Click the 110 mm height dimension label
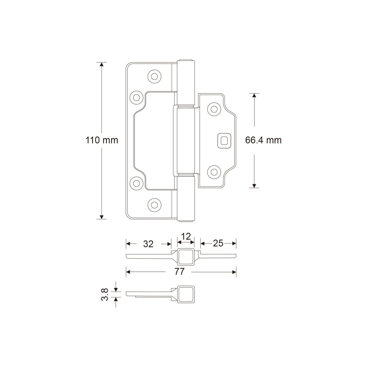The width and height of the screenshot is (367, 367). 102,140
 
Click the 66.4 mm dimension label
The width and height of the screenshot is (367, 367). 263,140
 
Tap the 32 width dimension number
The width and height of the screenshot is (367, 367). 148,244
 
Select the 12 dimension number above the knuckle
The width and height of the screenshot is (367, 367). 186,237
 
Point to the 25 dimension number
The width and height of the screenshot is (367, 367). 218,243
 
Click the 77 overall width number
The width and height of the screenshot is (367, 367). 179,272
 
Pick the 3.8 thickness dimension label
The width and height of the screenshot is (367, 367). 105,294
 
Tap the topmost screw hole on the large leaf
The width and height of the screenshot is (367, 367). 155,76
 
